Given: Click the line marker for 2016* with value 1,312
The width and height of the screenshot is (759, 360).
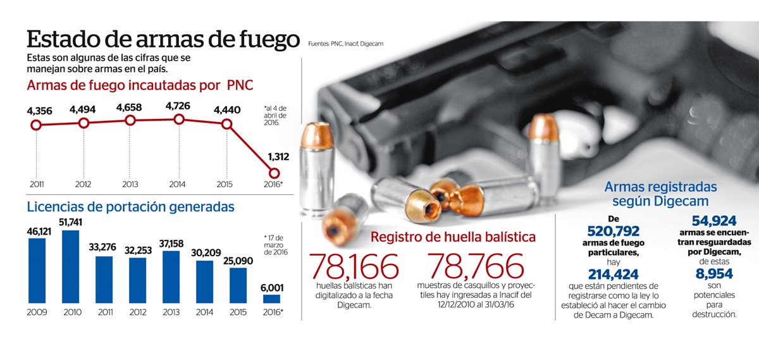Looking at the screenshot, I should [274, 173].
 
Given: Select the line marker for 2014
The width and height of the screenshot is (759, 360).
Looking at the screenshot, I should [178, 120].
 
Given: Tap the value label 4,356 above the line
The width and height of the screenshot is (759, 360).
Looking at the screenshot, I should [39, 111].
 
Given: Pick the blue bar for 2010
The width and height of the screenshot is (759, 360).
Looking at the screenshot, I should [71, 266].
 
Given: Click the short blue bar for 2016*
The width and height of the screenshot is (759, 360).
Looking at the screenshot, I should [271, 299].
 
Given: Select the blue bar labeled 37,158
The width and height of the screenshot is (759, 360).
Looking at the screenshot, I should [171, 276].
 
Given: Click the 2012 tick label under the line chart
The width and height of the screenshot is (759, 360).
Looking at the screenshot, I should [83, 185].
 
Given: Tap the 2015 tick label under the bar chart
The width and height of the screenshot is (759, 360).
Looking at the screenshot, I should [238, 313].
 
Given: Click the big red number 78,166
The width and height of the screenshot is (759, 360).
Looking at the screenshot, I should [355, 267].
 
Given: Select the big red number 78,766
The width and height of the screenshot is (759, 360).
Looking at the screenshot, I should [476, 267].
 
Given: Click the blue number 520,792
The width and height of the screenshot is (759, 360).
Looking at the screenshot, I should [614, 232].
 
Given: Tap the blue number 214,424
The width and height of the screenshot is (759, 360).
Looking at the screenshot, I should [614, 274].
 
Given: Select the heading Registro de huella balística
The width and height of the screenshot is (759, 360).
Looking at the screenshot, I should [453, 237].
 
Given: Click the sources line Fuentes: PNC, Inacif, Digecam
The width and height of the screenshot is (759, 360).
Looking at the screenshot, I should [346, 44].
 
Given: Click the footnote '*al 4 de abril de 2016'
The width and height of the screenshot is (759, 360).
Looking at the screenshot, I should [275, 116].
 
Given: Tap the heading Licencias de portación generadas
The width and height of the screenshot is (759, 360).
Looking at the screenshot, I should [130, 206].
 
